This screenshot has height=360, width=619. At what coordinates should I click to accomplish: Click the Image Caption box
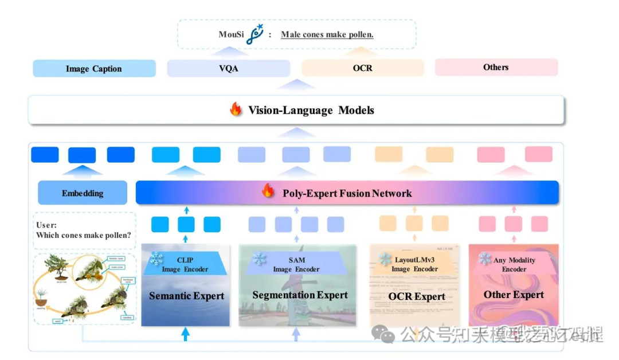pos(94,69)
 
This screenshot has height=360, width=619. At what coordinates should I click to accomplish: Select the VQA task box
pos(228,68)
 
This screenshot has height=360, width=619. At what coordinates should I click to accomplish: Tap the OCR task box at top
pos(362,68)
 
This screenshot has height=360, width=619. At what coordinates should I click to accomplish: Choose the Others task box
pos(496,67)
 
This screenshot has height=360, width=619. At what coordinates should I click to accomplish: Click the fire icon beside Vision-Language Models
pos(236,109)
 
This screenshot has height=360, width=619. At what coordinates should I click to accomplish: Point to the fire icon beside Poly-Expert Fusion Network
pos(268,192)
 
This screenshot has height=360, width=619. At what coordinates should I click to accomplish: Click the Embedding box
pos(83,193)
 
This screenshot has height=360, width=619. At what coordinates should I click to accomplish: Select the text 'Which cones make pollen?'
pos(83,235)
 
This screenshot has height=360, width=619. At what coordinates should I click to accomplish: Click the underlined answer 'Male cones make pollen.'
pos(327,34)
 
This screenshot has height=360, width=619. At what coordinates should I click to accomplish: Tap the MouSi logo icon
pos(253,34)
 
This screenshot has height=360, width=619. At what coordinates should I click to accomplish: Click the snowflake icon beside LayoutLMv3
pos(385,259)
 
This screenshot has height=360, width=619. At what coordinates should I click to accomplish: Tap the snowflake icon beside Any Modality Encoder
pos(485,259)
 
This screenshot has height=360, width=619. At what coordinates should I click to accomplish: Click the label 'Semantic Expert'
pos(186,296)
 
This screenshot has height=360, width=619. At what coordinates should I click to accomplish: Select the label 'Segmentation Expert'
pos(300,295)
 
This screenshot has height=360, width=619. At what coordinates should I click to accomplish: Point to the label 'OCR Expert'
pos(417,296)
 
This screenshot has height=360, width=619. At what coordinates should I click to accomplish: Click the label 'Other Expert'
pos(514,295)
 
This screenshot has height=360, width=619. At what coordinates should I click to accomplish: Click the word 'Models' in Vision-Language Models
pos(356,110)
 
